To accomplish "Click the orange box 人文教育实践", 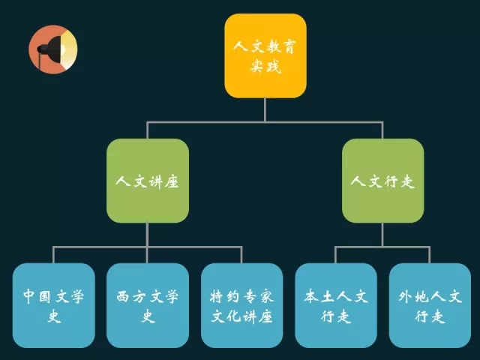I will (x=265, y=55).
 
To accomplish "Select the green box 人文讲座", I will (x=147, y=181).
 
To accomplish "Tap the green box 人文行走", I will (x=382, y=181).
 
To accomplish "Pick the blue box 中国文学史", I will (x=53, y=304).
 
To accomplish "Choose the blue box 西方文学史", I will (x=147, y=304).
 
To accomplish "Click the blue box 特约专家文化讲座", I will (x=241, y=304).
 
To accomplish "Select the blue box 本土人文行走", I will (x=335, y=304).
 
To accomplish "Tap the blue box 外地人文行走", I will (x=430, y=304).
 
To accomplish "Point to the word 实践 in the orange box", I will (x=265, y=67).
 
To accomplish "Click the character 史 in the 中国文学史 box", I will (x=53, y=316).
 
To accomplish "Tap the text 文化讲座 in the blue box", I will (x=241, y=316).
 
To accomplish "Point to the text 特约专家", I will (x=241, y=296).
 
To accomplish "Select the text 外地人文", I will (x=430, y=296).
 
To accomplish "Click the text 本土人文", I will (x=335, y=296).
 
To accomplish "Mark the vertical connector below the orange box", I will (x=265, y=109).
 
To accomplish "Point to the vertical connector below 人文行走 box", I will (x=382, y=234).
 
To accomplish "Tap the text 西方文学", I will (x=147, y=296).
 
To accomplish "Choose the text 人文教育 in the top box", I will (x=265, y=46).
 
